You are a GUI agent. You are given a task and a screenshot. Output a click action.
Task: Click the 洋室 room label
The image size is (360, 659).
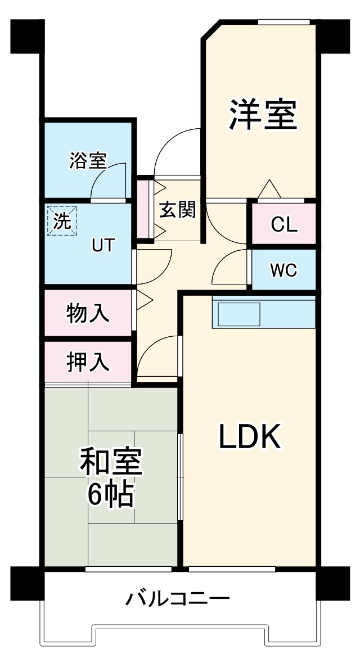point(262,115)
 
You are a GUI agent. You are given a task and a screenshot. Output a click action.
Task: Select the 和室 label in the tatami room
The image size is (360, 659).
point(111,463)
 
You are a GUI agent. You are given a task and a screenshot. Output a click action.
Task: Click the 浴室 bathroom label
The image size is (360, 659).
point(88,161)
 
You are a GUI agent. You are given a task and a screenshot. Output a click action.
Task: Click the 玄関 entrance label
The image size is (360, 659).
point(177,209)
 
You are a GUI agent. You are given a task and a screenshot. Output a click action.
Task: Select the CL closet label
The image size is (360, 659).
point(283,224)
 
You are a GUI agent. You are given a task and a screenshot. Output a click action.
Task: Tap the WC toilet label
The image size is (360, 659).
point(283,270)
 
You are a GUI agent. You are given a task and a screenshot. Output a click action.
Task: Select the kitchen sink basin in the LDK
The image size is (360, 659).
point(239,314)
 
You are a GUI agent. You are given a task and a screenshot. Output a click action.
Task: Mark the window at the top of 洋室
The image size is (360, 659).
point(283,22)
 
